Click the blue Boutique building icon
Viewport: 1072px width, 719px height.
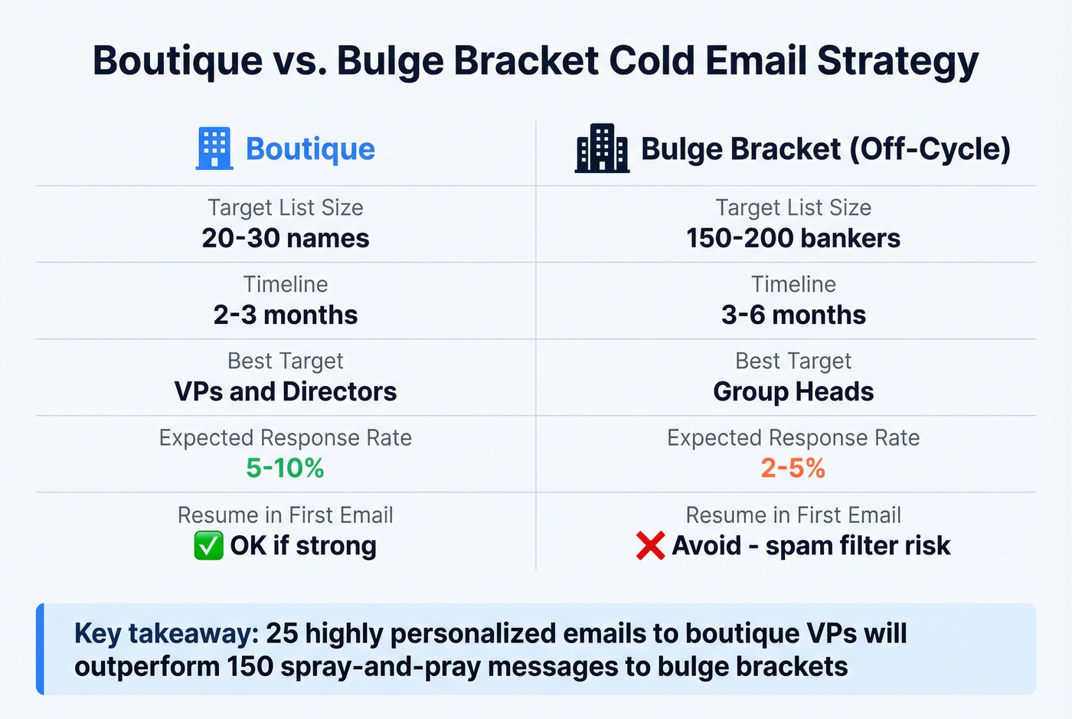click(214, 148)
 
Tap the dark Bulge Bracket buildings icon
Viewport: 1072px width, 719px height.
click(602, 148)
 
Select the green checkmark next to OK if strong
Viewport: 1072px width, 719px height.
click(208, 546)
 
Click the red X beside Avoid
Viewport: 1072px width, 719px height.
click(650, 546)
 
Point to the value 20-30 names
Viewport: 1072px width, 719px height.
click(286, 238)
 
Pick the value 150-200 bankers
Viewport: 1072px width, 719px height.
click(793, 238)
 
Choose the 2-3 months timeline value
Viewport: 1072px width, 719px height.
click(286, 315)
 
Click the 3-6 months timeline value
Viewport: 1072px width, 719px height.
click(793, 315)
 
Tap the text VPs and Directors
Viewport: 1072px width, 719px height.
click(286, 391)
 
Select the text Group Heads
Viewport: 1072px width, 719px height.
click(793, 391)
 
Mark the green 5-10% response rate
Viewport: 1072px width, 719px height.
click(285, 468)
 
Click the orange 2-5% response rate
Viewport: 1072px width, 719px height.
click(793, 468)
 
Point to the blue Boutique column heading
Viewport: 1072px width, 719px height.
click(310, 149)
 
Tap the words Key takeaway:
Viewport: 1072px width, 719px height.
click(165, 634)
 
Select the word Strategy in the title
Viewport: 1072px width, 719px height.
click(897, 61)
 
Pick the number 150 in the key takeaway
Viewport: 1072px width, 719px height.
click(250, 666)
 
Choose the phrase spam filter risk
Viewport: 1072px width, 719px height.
click(858, 545)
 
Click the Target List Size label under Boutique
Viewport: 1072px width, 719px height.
click(286, 208)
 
